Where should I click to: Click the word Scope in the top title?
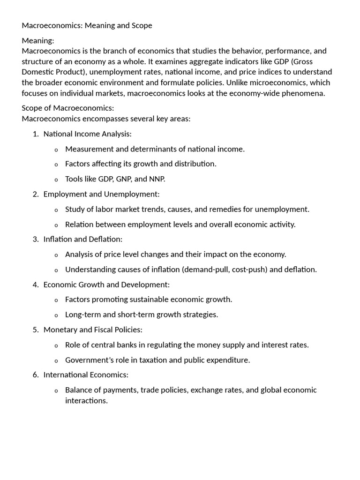click(x=141, y=26)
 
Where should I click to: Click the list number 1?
click(x=36, y=134)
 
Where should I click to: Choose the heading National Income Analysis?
click(x=87, y=134)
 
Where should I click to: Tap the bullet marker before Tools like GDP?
click(x=56, y=180)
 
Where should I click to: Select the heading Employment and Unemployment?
click(x=101, y=194)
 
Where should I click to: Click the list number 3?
click(x=36, y=239)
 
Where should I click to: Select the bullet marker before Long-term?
click(x=56, y=315)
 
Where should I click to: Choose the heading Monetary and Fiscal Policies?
click(x=93, y=330)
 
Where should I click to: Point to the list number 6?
click(x=36, y=375)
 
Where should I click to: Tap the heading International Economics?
click(x=86, y=375)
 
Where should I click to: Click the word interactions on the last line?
click(x=86, y=401)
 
